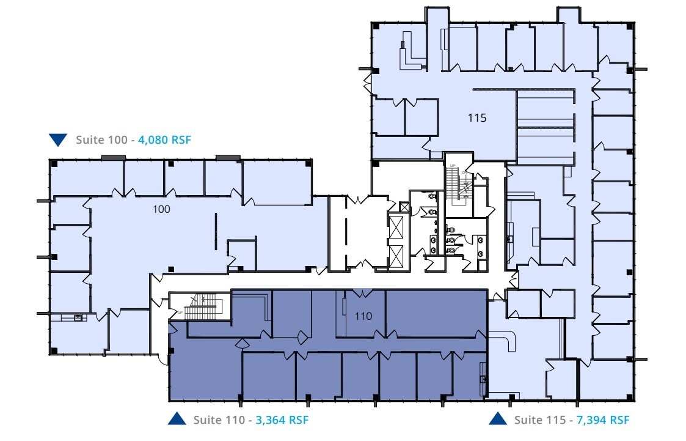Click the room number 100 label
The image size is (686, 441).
pos(161,209)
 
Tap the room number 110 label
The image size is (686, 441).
pos(363,317)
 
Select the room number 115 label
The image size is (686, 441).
pos(477,118)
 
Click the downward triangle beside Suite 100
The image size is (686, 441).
pos(58,140)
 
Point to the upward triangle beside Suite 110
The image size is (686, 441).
pos(177,419)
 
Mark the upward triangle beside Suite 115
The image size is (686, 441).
pos(498,419)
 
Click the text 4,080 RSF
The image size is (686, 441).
pos(165,140)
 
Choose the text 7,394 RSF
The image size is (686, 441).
pos(603,420)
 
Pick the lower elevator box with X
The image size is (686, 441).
pos(396,255)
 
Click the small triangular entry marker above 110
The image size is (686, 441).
pos(362,291)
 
